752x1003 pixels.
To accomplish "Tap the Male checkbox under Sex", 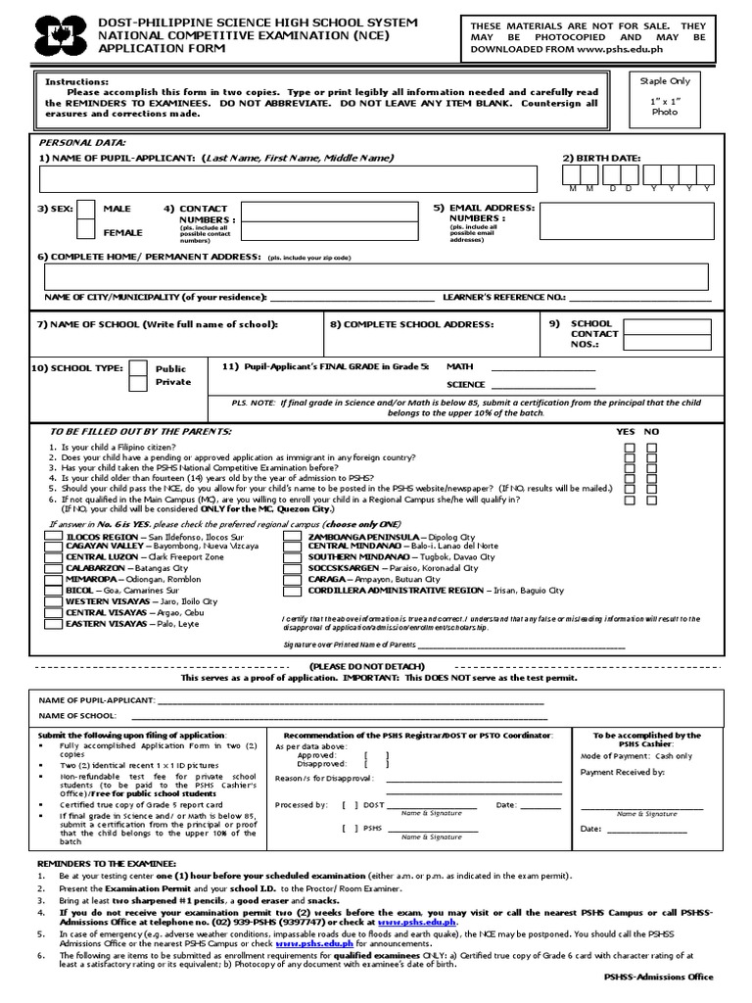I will (x=86, y=209).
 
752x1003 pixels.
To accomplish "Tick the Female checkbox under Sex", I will (x=86, y=231).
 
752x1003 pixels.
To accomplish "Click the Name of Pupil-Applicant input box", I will (x=288, y=179).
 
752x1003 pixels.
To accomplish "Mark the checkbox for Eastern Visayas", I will (x=55, y=624).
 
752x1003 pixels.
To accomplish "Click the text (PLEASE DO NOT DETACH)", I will (x=375, y=665).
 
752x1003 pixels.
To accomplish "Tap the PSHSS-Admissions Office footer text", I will (x=657, y=977).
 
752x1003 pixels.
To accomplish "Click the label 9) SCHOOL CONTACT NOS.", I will (x=591, y=333).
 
